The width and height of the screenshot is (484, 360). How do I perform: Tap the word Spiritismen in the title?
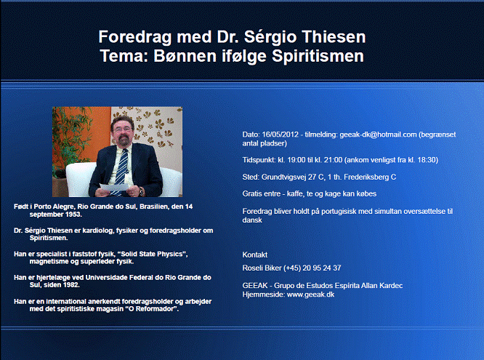pyautogui.click(x=318, y=57)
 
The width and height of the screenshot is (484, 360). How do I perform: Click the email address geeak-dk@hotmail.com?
pyautogui.click(x=378, y=135)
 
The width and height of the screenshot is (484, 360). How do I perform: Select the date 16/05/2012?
pyautogui.click(x=280, y=135)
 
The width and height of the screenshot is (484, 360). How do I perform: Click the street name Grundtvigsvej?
pyautogui.click(x=283, y=177)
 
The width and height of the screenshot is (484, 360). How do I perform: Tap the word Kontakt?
pyautogui.click(x=254, y=255)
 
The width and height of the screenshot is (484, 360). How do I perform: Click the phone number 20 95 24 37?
pyautogui.click(x=322, y=268)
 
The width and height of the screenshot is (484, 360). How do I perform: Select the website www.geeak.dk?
pyautogui.click(x=310, y=295)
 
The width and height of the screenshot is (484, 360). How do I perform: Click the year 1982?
pyautogui.click(x=71, y=285)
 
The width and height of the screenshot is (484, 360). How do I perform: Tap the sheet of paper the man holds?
pyautogui.click(x=113, y=187)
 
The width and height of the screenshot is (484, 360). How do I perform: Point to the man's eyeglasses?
pyautogui.click(x=123, y=130)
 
